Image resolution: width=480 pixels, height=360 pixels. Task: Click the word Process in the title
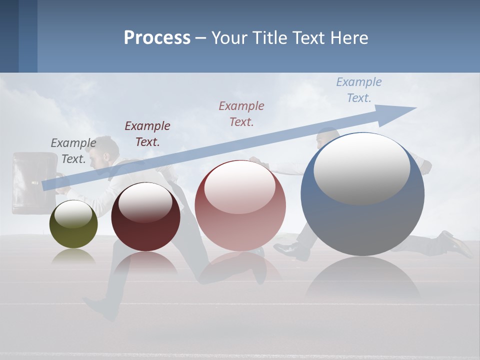[x=157, y=38]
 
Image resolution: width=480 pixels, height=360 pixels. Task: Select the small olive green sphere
[x=73, y=224]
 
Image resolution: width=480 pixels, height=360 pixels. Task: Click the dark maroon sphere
[x=145, y=217]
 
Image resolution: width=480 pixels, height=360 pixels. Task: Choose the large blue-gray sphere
[x=362, y=194]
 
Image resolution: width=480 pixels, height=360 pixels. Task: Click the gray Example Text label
[x=73, y=150]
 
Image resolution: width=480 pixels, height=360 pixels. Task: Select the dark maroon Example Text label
[x=147, y=133]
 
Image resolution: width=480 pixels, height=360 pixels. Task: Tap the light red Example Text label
[x=241, y=113]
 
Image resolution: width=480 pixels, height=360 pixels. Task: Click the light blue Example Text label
[x=359, y=89]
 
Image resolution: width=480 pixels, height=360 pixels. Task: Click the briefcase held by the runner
[x=34, y=183]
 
